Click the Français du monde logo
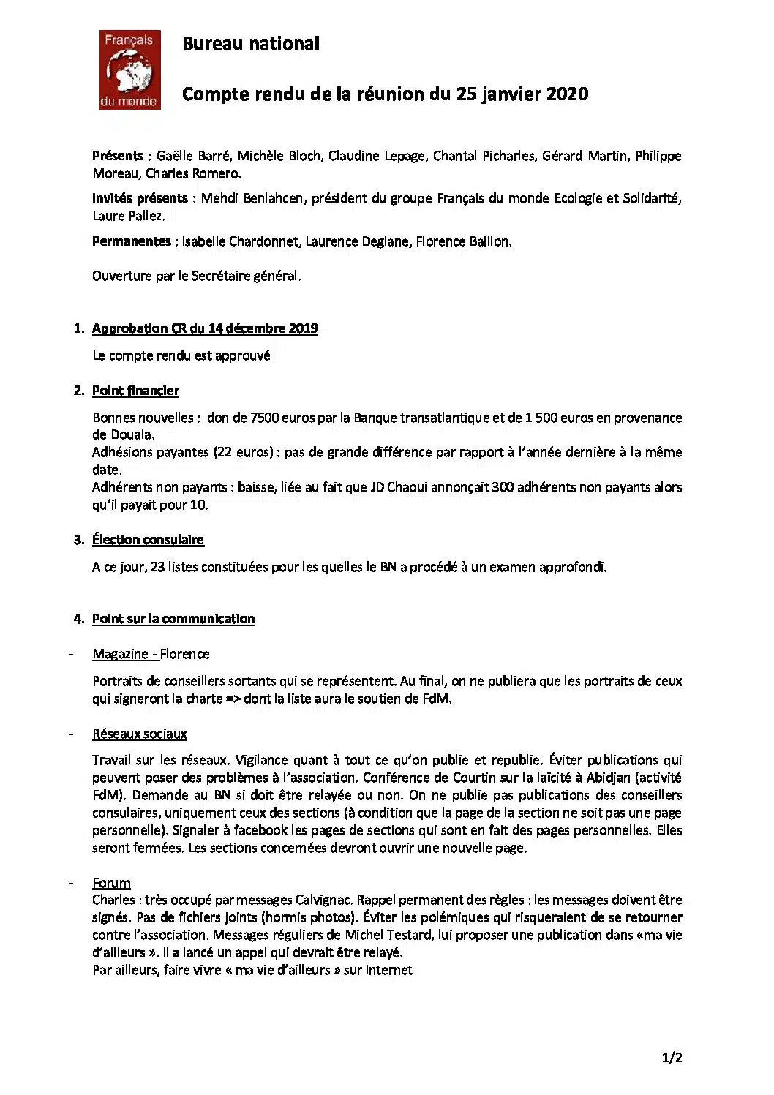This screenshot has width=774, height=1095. (129, 70)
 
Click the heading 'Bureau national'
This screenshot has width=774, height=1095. (250, 44)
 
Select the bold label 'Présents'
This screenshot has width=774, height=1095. (118, 156)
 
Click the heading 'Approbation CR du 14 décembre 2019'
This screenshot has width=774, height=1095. (205, 328)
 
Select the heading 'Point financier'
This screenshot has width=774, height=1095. (135, 391)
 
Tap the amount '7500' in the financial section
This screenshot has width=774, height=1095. (265, 418)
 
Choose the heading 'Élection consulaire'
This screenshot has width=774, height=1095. (148, 540)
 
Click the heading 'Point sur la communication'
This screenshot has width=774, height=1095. (173, 619)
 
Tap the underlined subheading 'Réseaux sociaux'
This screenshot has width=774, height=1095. (140, 734)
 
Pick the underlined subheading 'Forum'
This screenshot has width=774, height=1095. (111, 883)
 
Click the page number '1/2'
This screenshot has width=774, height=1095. (672, 1057)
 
